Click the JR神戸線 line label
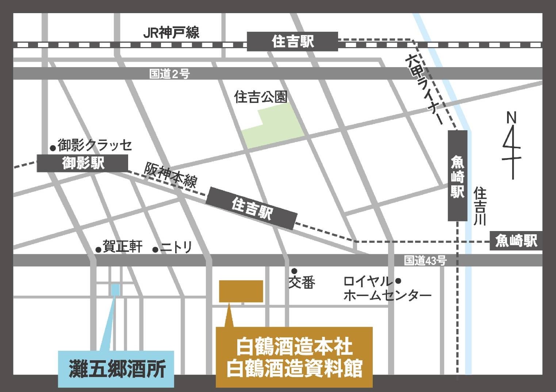click(171, 33)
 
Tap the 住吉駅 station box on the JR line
click(292, 42)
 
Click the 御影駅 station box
click(83, 163)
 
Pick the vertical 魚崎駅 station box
click(457, 176)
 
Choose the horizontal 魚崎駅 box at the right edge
click(516, 241)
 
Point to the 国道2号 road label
click(169, 74)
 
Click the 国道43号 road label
click(425, 261)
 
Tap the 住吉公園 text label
click(261, 97)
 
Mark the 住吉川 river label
click(480, 206)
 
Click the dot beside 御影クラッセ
click(53, 148)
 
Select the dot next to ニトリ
click(155, 250)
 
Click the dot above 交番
click(294, 271)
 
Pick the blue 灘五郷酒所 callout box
click(116, 369)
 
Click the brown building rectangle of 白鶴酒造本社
click(241, 291)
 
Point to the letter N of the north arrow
click(511, 118)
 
